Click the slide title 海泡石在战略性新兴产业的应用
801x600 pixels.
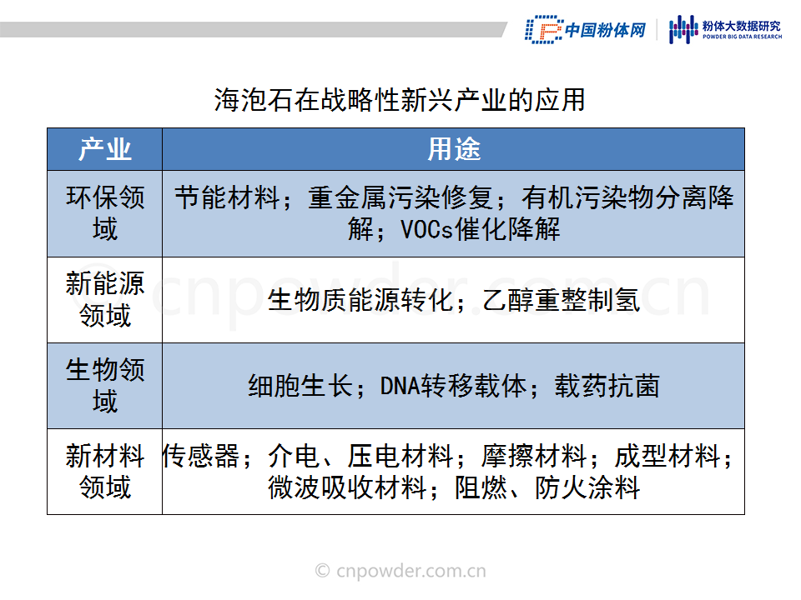400,99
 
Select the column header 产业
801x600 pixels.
105,149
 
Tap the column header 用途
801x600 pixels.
454,149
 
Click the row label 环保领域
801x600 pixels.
105,212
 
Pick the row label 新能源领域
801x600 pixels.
105,299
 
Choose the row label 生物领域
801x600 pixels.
105,385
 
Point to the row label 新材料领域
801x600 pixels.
105,472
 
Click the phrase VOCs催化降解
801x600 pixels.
481,229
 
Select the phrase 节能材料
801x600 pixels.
227,197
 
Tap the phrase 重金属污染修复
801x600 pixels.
400,197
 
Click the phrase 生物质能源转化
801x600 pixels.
360,299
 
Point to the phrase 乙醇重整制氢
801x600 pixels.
561,299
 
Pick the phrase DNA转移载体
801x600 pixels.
453,386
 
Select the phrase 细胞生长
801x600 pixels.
300,386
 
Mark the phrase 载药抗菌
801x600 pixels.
607,386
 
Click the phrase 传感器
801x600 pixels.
201,456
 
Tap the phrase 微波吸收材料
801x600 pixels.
347,487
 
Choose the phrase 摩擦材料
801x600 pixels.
534,456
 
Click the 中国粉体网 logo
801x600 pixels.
586,30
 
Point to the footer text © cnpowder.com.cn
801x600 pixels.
400,570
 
